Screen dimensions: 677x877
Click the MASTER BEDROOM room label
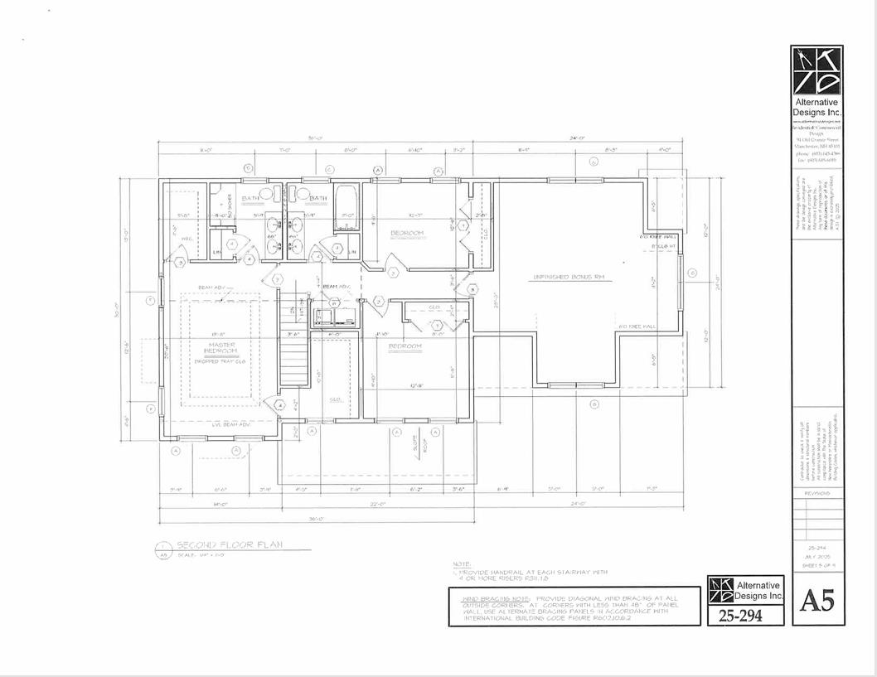tap(221, 349)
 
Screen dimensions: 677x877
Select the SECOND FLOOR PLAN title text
tap(229, 544)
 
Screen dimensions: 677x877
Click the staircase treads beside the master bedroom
tap(294, 356)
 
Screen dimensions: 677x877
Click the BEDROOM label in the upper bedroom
tap(406, 233)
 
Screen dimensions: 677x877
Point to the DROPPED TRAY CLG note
tap(221, 361)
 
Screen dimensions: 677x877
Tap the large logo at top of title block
tap(816, 71)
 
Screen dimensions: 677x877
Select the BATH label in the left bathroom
tap(250, 198)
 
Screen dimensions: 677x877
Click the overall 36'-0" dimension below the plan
tap(316, 520)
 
